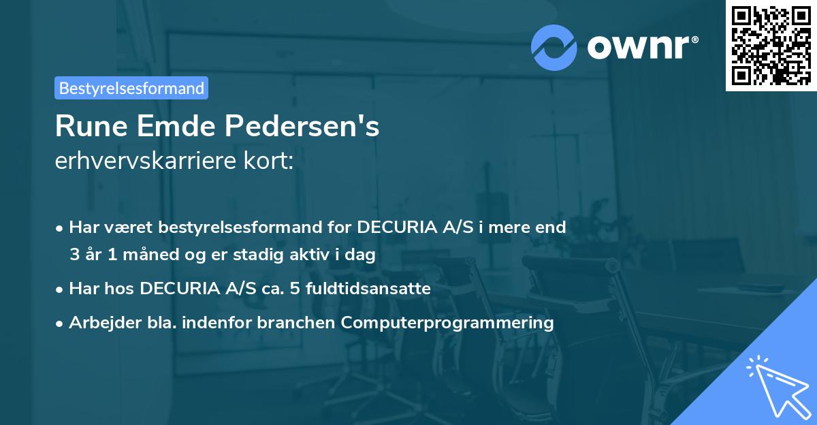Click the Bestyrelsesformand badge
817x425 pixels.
131,88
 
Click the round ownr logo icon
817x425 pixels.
554,47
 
